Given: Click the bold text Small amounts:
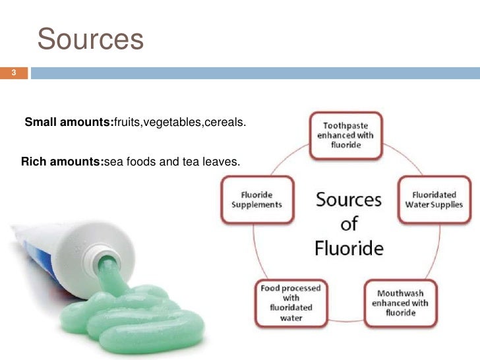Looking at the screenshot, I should [x=69, y=122].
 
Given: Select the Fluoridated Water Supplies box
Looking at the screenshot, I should [x=437, y=200].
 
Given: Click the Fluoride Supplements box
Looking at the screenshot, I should [x=256, y=200].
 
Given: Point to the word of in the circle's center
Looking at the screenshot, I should [x=349, y=224].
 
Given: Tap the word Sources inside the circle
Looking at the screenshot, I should [x=349, y=198].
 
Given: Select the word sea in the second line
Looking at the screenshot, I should [x=113, y=161].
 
